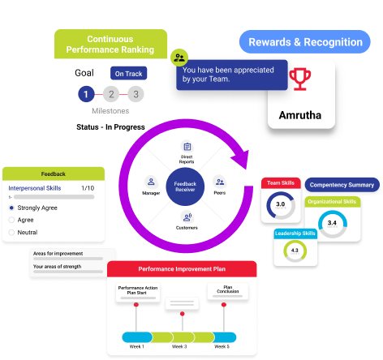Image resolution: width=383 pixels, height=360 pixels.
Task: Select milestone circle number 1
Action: click(x=86, y=95)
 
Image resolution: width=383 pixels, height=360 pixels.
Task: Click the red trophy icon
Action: click(x=301, y=79)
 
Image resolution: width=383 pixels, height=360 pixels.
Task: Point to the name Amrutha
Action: click(x=301, y=114)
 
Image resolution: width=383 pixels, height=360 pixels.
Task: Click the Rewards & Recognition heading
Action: click(x=305, y=42)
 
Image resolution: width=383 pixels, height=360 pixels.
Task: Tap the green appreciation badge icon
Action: click(x=179, y=58)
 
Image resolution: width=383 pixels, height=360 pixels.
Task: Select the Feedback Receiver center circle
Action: click(x=187, y=186)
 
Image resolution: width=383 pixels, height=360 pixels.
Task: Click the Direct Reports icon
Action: click(x=187, y=148)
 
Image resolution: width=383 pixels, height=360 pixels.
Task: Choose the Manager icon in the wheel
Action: click(x=150, y=182)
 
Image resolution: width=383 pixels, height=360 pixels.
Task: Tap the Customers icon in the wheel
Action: click(x=187, y=216)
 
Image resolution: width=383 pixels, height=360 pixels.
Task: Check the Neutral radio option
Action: click(x=12, y=233)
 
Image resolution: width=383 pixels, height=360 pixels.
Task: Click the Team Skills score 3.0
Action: click(x=280, y=204)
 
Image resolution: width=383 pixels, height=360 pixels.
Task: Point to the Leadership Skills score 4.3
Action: click(x=294, y=251)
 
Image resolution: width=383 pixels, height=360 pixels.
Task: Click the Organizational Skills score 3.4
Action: click(x=331, y=221)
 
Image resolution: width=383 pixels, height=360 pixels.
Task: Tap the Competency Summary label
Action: click(x=343, y=185)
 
